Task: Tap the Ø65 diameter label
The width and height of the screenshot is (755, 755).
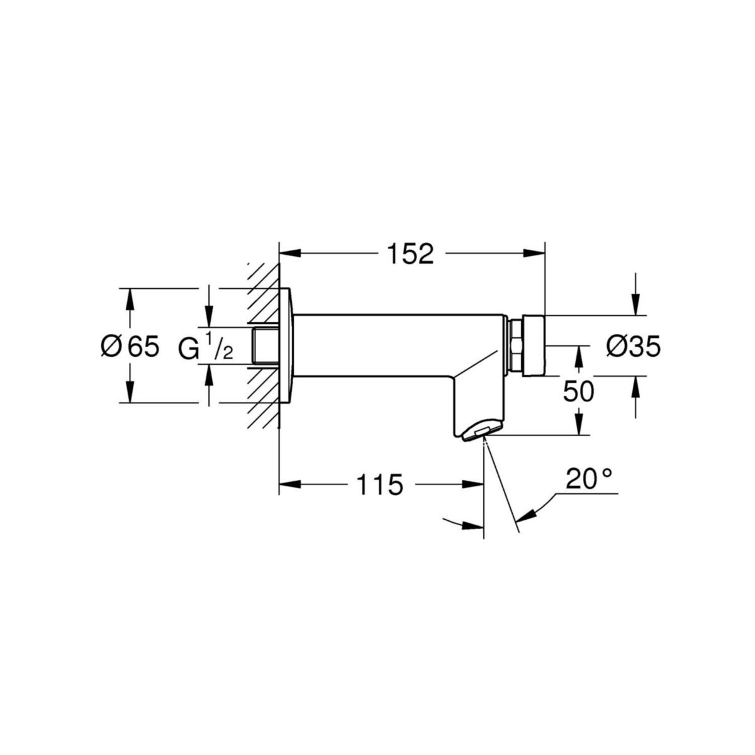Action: tap(130, 346)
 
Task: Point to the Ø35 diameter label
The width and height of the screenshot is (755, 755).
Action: tap(634, 346)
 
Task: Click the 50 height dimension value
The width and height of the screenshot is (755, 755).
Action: tap(578, 392)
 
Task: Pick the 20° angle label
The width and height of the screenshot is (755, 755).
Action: tap(588, 479)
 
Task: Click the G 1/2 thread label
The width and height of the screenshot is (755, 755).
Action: tap(205, 347)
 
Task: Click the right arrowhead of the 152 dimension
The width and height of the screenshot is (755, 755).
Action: tap(534, 254)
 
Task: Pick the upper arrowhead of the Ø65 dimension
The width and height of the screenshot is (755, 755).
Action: tap(130, 298)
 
